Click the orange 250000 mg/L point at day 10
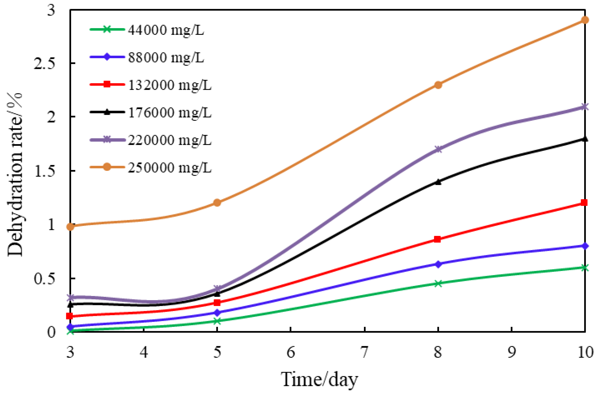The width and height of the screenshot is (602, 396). coord(585,20)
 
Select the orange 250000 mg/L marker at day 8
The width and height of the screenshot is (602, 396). coord(438,85)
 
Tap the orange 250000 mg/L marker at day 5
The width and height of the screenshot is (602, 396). coord(217,203)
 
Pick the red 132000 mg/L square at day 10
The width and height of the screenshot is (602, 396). coord(584,202)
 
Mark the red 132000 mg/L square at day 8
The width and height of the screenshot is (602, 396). coord(438,239)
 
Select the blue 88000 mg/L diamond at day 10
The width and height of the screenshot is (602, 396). coord(585,246)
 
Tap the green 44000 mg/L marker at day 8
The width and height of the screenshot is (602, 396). coord(438,283)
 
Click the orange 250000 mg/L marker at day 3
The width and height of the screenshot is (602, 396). coord(71,226)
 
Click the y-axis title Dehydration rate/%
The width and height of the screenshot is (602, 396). coord(15,174)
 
